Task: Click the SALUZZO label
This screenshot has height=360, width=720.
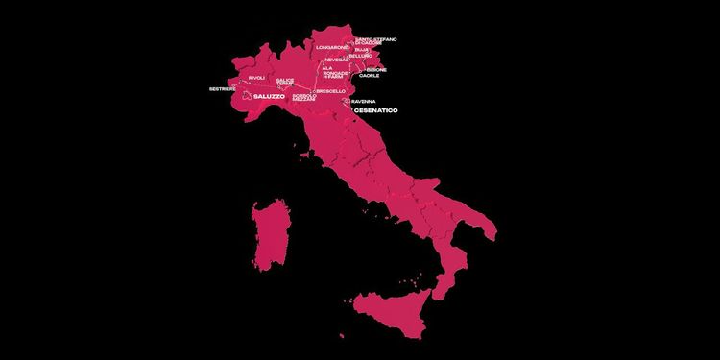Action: (272, 98)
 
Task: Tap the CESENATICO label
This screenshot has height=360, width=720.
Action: (376, 111)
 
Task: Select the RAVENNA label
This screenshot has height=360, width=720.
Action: (364, 101)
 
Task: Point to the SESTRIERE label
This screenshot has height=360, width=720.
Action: (223, 89)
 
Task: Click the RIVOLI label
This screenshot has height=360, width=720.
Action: (256, 77)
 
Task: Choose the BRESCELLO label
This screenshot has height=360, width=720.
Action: (329, 91)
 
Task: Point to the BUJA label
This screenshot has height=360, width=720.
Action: (374, 50)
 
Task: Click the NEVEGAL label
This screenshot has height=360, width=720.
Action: (336, 60)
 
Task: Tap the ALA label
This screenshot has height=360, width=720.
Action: (327, 68)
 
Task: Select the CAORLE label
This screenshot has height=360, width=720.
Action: (369, 76)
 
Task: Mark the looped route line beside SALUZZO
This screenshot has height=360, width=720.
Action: (248, 96)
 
